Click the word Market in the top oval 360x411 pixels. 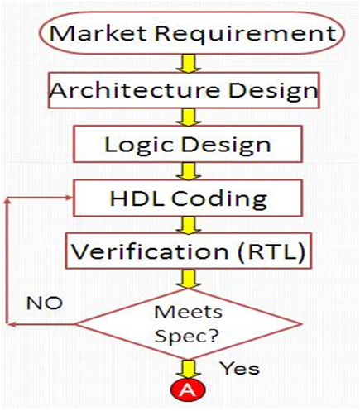click(x=98, y=33)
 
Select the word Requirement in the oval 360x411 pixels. click(x=246, y=35)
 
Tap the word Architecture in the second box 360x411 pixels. click(x=135, y=90)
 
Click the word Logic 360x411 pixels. click(x=140, y=146)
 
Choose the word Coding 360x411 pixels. click(x=219, y=199)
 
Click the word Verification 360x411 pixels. click(x=150, y=251)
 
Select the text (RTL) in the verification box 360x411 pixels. click(x=271, y=251)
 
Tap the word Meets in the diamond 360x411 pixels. click(x=188, y=313)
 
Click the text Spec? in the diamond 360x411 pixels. click(x=187, y=337)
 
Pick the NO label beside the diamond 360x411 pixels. click(x=45, y=303)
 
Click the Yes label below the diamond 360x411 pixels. click(x=240, y=368)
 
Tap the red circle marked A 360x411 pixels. click(x=188, y=389)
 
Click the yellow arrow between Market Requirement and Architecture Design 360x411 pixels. click(x=189, y=63)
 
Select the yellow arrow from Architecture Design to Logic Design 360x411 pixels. click(x=189, y=117)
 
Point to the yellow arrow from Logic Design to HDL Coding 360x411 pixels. click(x=189, y=171)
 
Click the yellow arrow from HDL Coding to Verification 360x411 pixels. click(x=189, y=225)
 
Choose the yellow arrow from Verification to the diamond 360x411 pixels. click(x=189, y=280)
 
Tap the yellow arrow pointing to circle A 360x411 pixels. click(x=189, y=369)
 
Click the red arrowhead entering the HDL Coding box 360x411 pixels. click(x=68, y=198)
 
